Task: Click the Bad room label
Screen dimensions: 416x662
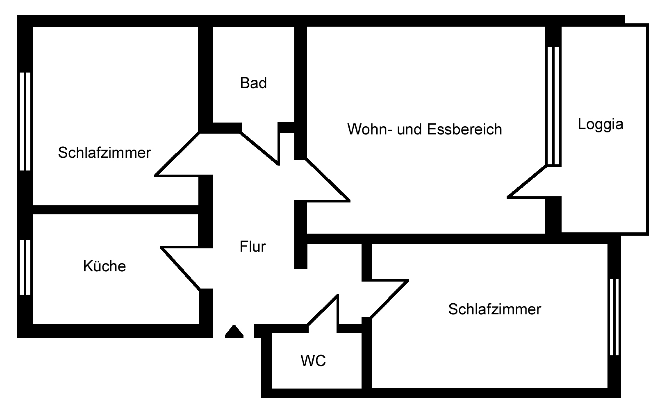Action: [x=253, y=83]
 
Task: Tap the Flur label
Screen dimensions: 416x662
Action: [x=253, y=246]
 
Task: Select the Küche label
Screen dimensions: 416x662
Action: [x=104, y=266]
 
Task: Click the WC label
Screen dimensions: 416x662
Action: [x=313, y=361]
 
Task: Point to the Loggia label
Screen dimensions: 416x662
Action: [x=601, y=124]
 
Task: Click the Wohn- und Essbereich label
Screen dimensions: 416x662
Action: [x=425, y=129]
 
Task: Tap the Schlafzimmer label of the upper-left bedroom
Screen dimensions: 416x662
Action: [x=104, y=153]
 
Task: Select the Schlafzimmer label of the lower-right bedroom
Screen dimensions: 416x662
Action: [x=494, y=309]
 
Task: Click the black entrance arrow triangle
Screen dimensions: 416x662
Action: [x=234, y=332]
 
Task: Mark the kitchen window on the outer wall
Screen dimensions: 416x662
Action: [x=25, y=267]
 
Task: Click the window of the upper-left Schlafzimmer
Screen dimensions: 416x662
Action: [x=25, y=121]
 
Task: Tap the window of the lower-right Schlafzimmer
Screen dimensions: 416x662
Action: [x=614, y=316]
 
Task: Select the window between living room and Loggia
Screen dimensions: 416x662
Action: [x=553, y=106]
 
